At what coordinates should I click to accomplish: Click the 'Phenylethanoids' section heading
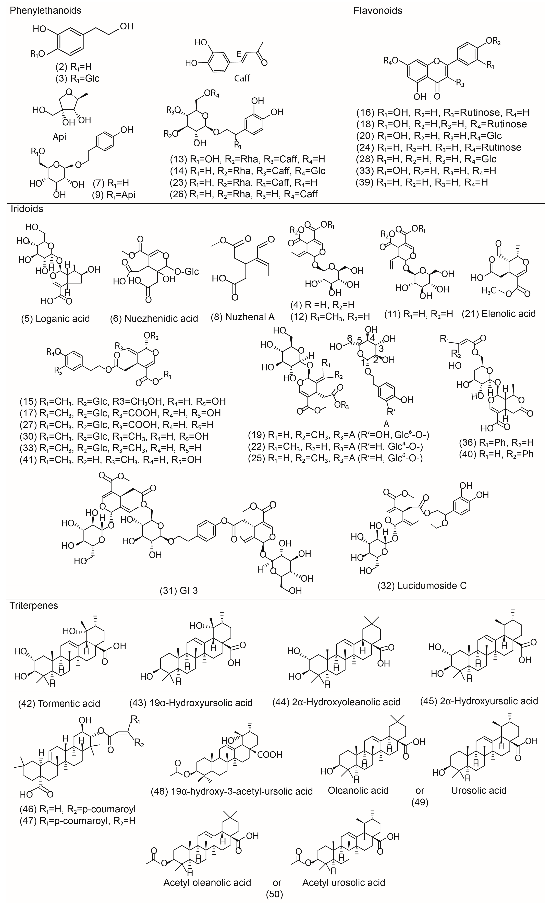[45, 10]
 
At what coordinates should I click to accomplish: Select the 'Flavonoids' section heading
[378, 10]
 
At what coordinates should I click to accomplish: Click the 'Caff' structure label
[242, 78]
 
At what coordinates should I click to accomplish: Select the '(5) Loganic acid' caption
[55, 318]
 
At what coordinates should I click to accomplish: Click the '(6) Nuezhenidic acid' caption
[154, 318]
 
